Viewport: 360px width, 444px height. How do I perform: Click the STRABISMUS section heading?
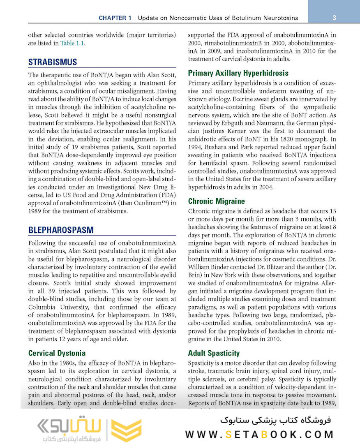tap(53, 62)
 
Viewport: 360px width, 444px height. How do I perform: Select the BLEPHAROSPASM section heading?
tap(61, 230)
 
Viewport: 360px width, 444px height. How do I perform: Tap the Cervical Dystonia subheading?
tap(57, 353)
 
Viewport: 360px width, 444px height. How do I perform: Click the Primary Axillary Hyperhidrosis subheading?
tap(238, 73)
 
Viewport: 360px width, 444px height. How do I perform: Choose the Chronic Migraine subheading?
tap(216, 201)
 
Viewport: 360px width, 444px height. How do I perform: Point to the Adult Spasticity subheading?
tap(214, 353)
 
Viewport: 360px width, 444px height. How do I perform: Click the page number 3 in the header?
tap(334, 18)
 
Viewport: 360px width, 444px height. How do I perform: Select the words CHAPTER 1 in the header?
tap(115, 18)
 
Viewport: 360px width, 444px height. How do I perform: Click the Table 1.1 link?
tap(73, 43)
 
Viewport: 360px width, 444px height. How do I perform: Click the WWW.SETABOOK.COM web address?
tap(259, 434)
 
